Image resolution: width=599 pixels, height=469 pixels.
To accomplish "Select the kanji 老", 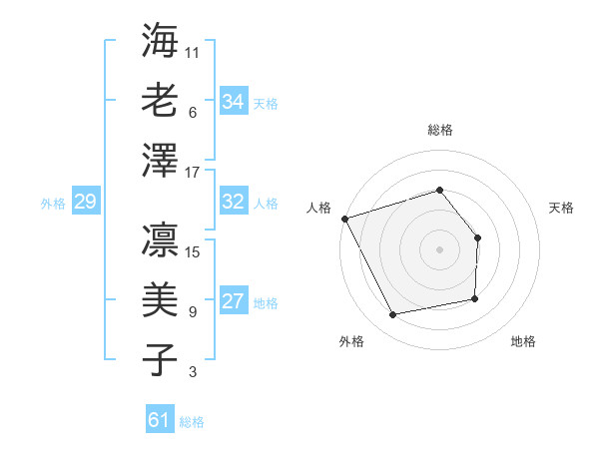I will point(160,100).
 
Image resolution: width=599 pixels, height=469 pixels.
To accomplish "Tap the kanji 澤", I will point(160,161).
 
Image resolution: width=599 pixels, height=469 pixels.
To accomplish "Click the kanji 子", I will point(160,359).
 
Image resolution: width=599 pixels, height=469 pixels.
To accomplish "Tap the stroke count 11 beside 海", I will point(193,51).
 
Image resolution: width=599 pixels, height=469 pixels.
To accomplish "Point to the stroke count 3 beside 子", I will point(193,372).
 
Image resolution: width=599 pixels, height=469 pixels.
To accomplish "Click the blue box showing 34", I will point(233,102).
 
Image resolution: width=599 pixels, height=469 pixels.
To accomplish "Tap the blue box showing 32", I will point(233,202).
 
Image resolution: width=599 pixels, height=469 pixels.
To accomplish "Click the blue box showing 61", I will point(160,420).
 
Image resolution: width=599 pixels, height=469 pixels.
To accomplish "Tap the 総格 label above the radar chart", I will point(439,130).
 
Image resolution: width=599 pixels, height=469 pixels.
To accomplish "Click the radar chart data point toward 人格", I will point(344,219).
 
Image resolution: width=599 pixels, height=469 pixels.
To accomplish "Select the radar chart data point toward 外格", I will point(393,315).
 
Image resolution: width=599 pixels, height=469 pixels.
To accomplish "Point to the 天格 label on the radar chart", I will point(562,208).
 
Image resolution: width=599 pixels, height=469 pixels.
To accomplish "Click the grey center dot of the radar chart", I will point(439,248).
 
